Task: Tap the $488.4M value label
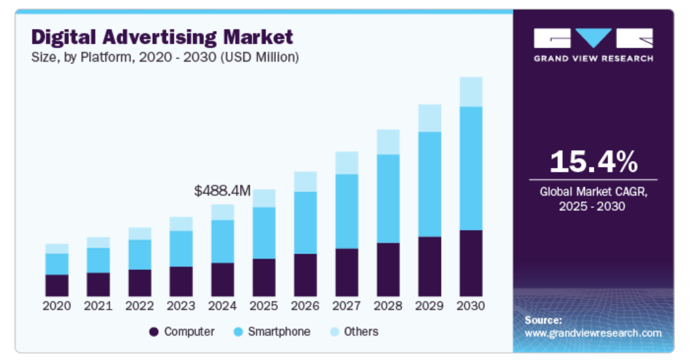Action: point(223,191)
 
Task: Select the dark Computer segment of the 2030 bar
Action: point(471,263)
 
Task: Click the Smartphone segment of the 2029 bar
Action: point(429,184)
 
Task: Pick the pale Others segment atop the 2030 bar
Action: point(471,91)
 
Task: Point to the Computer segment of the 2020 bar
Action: point(57,285)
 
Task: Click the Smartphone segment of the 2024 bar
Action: point(222,241)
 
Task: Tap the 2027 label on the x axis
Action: point(346,306)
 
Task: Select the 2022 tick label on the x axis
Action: point(139,306)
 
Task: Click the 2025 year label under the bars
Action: point(264,306)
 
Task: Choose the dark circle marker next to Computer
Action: point(154,332)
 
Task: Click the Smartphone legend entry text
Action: point(279,332)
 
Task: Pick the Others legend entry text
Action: point(362,332)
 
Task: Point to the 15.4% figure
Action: point(593,162)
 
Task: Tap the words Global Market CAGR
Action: point(593,192)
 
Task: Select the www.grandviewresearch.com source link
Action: point(593,333)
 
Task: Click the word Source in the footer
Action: point(543,320)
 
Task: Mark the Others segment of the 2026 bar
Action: point(305,181)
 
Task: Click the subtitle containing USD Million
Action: point(165,57)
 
